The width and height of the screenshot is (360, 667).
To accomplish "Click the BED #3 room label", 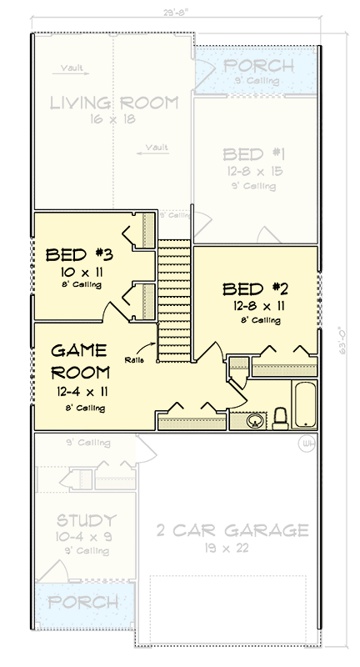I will tap(74, 253).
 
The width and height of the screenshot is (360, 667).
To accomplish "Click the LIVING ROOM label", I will tap(114, 103).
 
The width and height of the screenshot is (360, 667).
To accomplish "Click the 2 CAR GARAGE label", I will tap(220, 530).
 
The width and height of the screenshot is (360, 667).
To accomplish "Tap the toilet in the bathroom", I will tap(281, 416).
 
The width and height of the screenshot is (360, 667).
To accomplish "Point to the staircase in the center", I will tap(174, 300).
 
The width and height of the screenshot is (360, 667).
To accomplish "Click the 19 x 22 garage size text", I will tap(220, 549).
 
